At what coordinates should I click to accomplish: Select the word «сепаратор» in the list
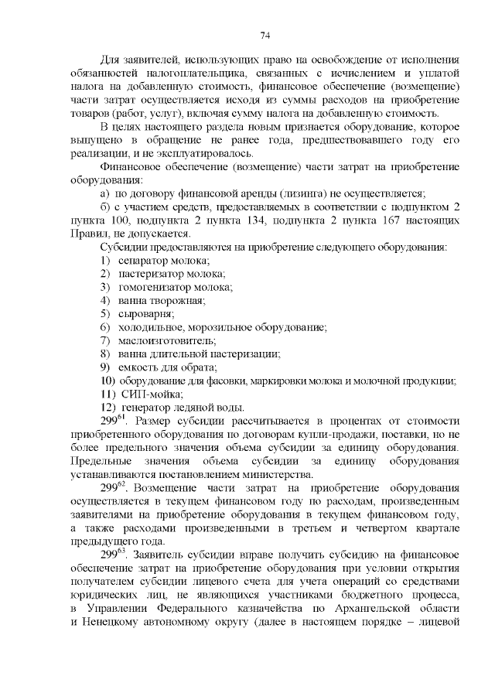pos(142,261)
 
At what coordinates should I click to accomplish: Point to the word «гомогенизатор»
pos(153,287)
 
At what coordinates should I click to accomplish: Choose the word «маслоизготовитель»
pos(166,340)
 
